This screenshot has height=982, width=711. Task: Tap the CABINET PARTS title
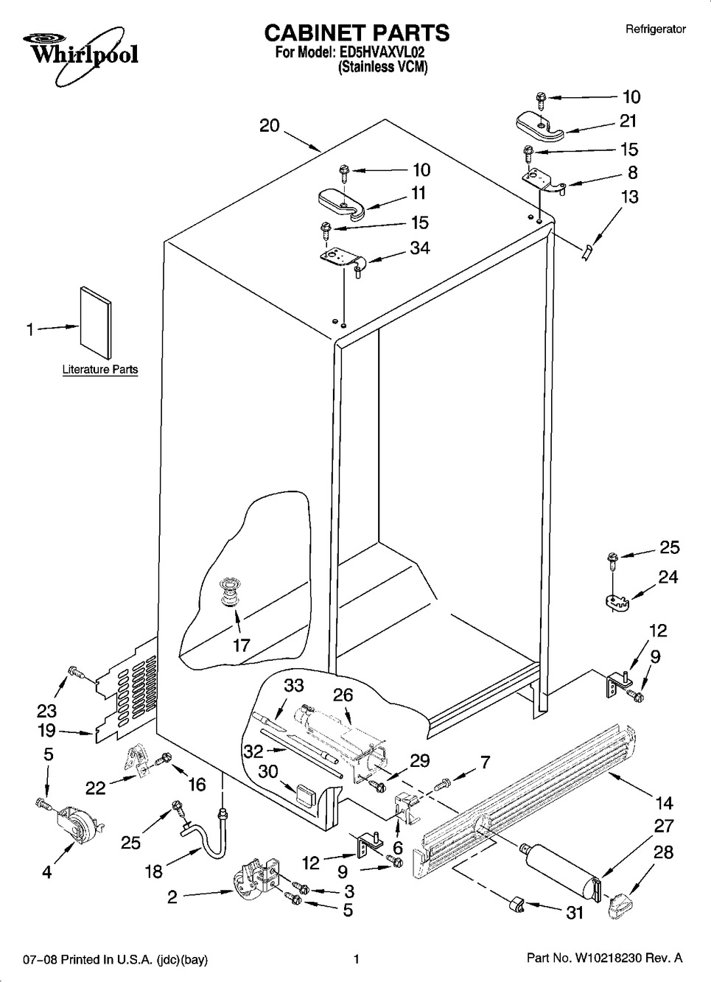point(356,32)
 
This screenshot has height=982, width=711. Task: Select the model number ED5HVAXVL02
point(382,53)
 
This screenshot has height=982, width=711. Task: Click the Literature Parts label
point(99,370)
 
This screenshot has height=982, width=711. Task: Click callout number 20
point(270,126)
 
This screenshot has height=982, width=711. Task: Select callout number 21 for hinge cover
point(627,121)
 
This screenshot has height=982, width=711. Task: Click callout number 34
point(420,248)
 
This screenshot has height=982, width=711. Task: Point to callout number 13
point(629,197)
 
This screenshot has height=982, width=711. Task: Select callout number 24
point(668,577)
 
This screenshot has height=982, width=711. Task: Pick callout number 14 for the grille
point(664,802)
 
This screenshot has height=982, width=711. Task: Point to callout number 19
point(47,731)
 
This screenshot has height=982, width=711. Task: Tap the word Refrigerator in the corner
point(655,29)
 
